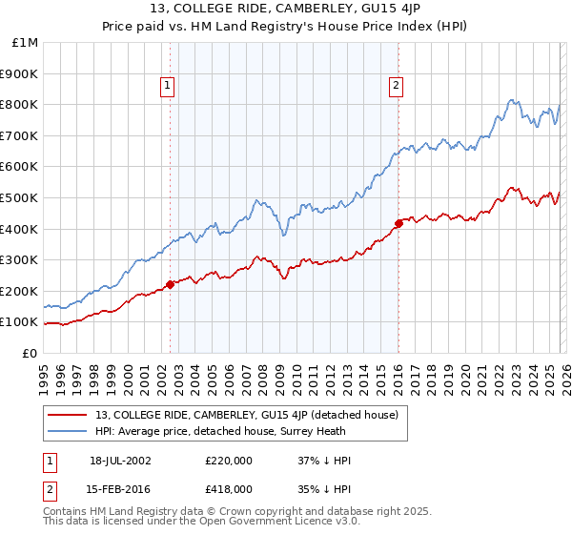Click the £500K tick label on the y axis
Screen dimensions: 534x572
click(x=19, y=197)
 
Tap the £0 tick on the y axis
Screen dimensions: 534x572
click(x=31, y=353)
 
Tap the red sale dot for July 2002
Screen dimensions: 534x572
click(x=170, y=284)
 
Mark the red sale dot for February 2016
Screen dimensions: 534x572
click(x=398, y=223)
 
